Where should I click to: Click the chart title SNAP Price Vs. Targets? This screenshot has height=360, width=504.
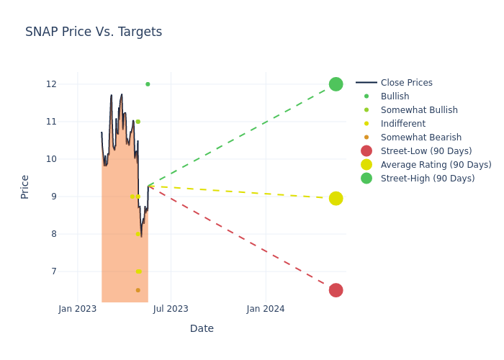[x=94, y=32]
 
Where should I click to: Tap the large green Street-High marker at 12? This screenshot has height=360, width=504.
[x=336, y=84]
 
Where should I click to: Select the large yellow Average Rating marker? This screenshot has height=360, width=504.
[x=336, y=198]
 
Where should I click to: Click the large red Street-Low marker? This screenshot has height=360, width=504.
[x=336, y=290]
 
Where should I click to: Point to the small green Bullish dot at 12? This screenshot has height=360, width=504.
[x=148, y=84]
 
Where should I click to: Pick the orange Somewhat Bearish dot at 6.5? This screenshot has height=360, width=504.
[x=138, y=290]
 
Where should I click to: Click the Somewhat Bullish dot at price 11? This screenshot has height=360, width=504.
[x=138, y=122]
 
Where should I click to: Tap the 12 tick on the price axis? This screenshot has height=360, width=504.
[x=51, y=84]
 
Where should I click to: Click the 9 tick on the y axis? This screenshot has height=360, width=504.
[x=53, y=197]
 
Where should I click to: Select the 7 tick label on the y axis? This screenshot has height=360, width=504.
[x=53, y=271]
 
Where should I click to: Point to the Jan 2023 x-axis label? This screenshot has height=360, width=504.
[x=78, y=309]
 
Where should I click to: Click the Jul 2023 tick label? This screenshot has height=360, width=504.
[x=171, y=309]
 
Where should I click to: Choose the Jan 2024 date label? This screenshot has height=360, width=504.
[x=266, y=309]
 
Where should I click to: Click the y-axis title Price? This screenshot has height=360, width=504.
[x=25, y=186]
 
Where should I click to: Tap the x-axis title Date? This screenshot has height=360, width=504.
[x=202, y=329]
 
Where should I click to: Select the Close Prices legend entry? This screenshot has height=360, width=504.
[x=406, y=83]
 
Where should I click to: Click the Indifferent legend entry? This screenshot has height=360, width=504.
[x=402, y=124]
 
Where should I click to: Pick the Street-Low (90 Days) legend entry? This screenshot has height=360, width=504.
[x=426, y=151]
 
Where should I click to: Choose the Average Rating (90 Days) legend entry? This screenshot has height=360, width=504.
[x=436, y=165]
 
